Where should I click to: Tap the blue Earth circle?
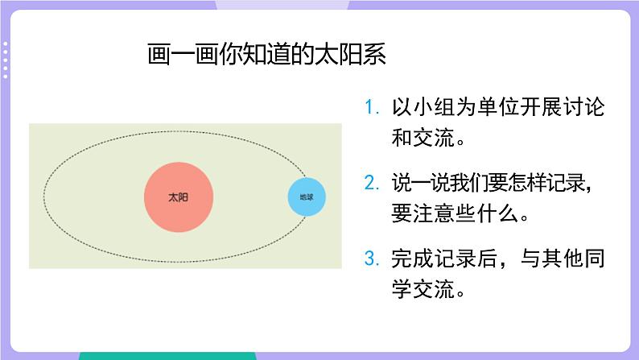[307, 197]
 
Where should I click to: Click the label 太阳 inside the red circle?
[179, 197]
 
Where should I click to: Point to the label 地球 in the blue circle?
[307, 197]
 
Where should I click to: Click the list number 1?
[370, 107]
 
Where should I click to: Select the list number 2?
[370, 183]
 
